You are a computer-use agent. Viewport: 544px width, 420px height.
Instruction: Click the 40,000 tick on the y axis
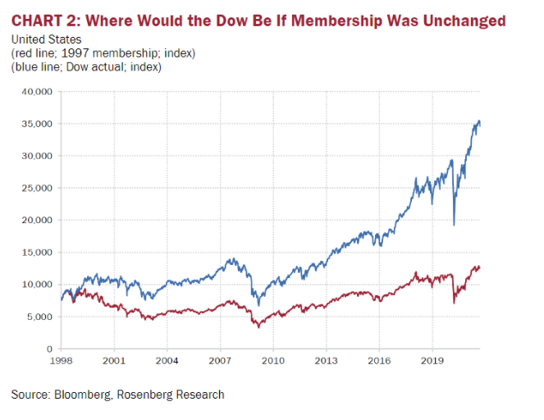coord(39,91)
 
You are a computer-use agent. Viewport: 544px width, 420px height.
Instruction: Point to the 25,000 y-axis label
coord(39,188)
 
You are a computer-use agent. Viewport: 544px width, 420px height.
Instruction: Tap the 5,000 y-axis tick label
coord(41,317)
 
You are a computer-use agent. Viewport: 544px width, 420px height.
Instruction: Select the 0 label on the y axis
coord(49,349)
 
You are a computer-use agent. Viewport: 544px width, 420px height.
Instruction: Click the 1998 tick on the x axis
coord(62,360)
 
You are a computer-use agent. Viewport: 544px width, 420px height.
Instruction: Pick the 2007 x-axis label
coord(219,360)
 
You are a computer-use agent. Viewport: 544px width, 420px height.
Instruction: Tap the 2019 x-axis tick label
coord(431,360)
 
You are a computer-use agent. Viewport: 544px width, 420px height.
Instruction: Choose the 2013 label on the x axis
coord(325,360)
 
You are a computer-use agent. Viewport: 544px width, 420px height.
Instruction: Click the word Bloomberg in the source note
coord(85,395)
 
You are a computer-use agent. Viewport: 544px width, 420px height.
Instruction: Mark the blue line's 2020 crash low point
coord(454,224)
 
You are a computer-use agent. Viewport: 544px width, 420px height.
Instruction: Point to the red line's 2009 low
coord(258,327)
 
